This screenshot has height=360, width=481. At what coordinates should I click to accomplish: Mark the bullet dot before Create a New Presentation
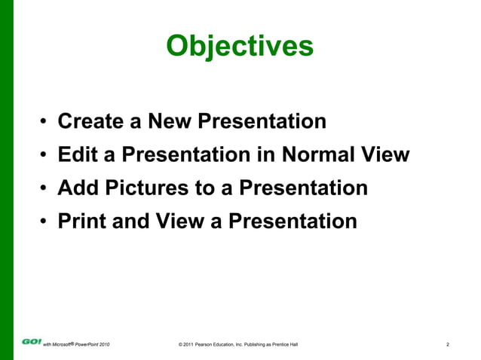click(x=45, y=123)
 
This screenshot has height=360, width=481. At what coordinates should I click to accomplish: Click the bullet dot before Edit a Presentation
click(x=45, y=157)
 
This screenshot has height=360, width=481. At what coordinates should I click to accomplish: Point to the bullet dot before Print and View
click(x=45, y=223)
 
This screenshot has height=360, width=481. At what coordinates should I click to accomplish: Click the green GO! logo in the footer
click(x=32, y=341)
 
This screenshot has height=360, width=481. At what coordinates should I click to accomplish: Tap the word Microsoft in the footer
click(x=62, y=345)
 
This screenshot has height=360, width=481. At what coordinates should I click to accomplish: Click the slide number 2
click(x=448, y=345)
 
